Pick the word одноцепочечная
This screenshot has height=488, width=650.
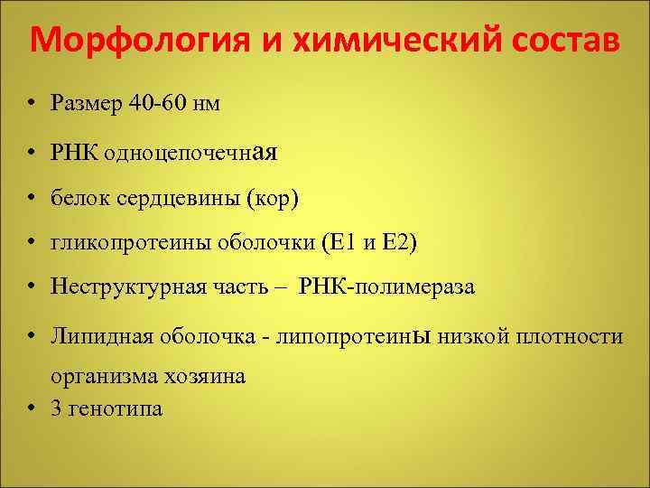(x=190, y=153)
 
